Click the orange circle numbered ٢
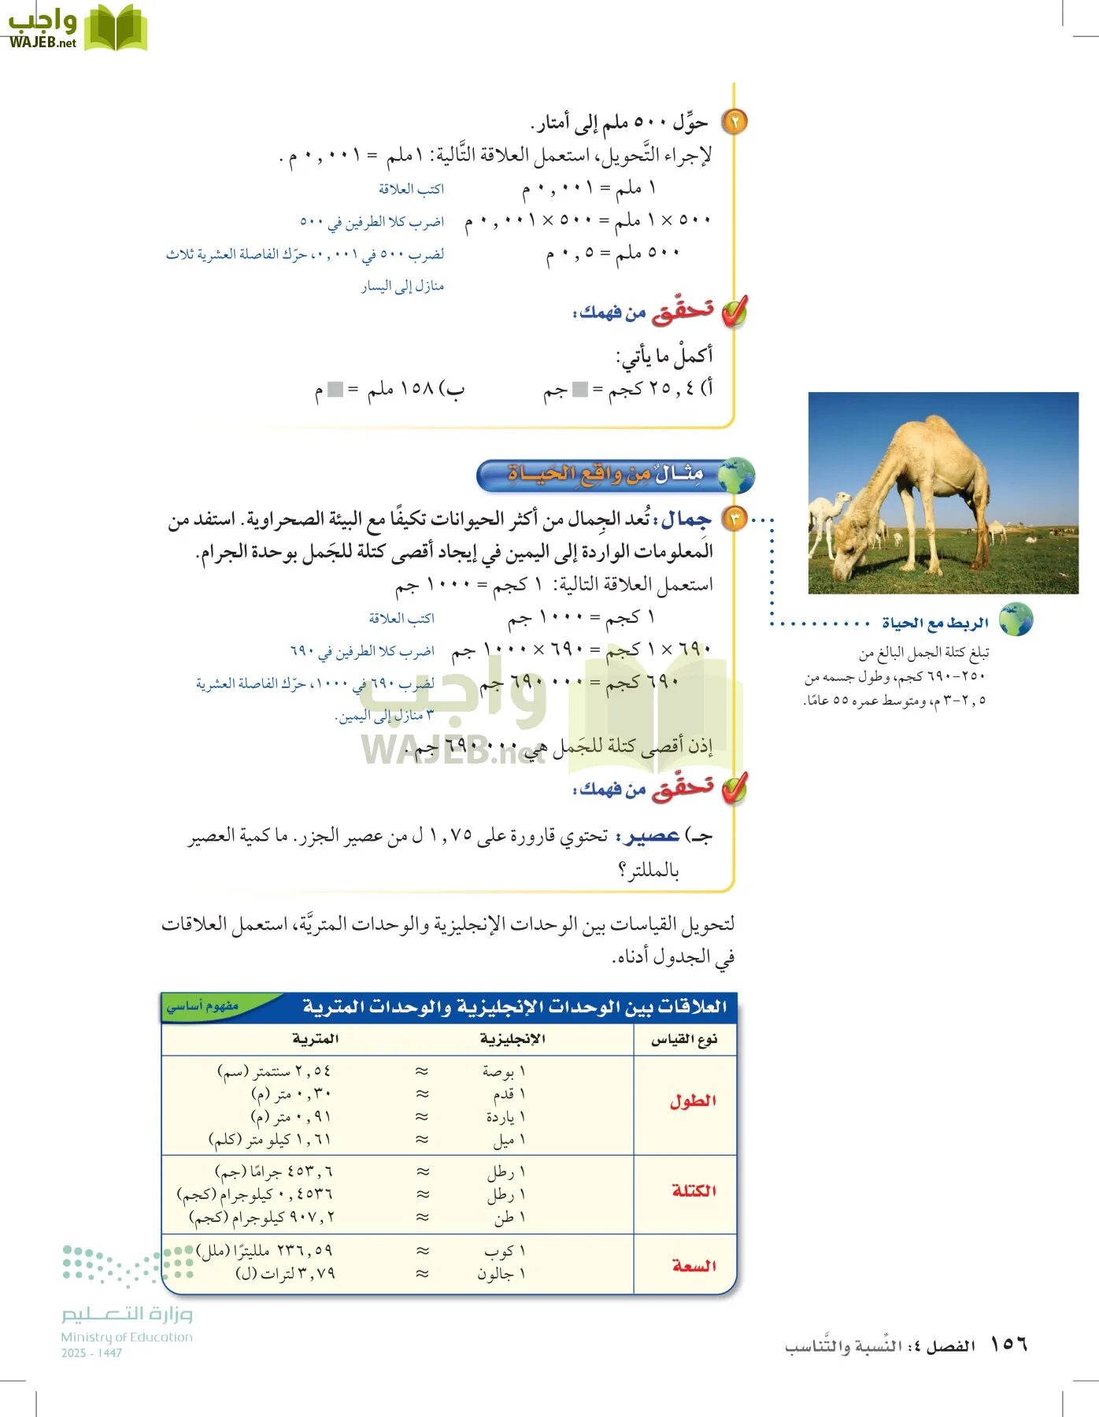[734, 122]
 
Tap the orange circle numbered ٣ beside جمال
[735, 519]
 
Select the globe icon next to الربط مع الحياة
[1016, 620]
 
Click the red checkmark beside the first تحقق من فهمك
[734, 313]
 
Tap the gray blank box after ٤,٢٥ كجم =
[579, 389]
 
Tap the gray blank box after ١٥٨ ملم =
[335, 389]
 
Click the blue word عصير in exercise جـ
[653, 836]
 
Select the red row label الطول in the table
[693, 1101]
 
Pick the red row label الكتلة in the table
[694, 1190]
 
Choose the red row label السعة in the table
[694, 1265]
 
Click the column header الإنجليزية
[512, 1039]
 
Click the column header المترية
[315, 1039]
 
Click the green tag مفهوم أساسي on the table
[202, 1006]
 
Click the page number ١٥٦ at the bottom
[1008, 1344]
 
